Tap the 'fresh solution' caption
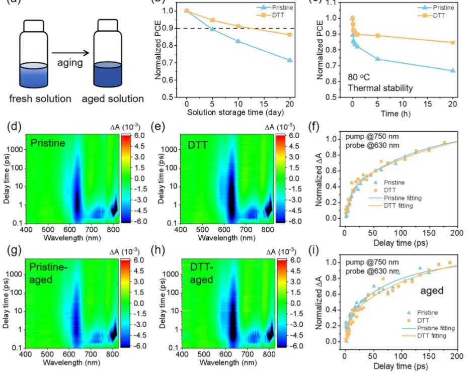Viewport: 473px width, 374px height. pos(40,99)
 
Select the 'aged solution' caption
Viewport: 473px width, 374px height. pos(114,99)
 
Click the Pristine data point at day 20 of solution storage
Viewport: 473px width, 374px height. pos(289,60)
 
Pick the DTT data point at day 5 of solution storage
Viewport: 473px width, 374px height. pos(212,20)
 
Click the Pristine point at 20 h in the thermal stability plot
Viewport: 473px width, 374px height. pos(452,70)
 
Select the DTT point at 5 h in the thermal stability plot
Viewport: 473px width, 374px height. pos(377,36)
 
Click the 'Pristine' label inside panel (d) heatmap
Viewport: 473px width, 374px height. pos(48,143)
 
